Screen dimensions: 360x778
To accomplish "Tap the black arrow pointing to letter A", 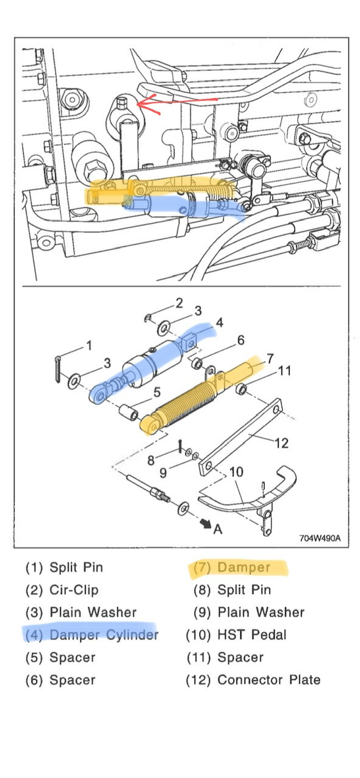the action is tap(206, 523).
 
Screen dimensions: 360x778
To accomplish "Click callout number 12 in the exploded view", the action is tap(282, 443).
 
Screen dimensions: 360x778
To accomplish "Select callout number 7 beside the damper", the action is tap(270, 358).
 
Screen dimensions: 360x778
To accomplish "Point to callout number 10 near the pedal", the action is tap(237, 472).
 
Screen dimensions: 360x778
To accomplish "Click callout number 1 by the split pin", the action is tap(89, 346).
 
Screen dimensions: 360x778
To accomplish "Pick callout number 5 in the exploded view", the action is tap(157, 392).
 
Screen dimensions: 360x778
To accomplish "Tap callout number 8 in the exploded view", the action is tap(151, 460).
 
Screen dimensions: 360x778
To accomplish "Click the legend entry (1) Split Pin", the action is tap(64, 567).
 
